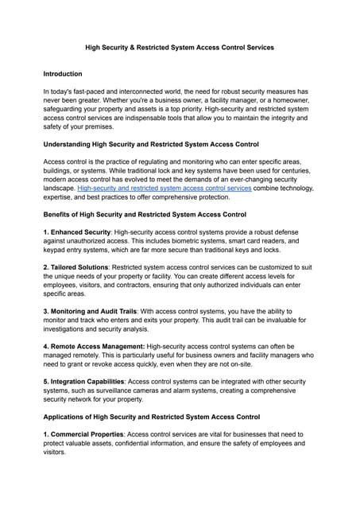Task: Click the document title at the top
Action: tap(180, 48)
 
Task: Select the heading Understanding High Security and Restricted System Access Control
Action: tap(150, 144)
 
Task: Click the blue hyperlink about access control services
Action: tap(164, 188)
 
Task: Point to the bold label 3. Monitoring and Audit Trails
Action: tap(95, 310)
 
